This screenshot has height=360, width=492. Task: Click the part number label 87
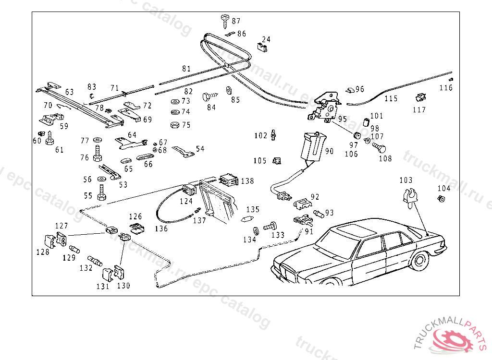pos(236,22)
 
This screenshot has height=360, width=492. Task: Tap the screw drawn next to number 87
pos(224,19)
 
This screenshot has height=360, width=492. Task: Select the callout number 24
pos(266,39)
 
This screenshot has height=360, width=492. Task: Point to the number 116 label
pos(446,88)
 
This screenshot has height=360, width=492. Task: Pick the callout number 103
pos(406,180)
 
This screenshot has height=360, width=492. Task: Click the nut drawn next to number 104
pos(442,199)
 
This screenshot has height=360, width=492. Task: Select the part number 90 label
pos(329,151)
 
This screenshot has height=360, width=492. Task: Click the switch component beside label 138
pos(229,181)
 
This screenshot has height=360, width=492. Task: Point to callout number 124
pos(186,201)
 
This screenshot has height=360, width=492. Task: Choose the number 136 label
pos(161,229)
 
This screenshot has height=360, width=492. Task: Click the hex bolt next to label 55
pos(101,196)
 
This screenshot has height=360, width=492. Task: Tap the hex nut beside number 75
pos(175,125)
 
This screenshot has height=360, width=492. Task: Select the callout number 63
pos(70,92)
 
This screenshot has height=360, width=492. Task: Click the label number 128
pos(43,252)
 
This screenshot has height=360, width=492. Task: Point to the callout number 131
pos(103,286)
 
